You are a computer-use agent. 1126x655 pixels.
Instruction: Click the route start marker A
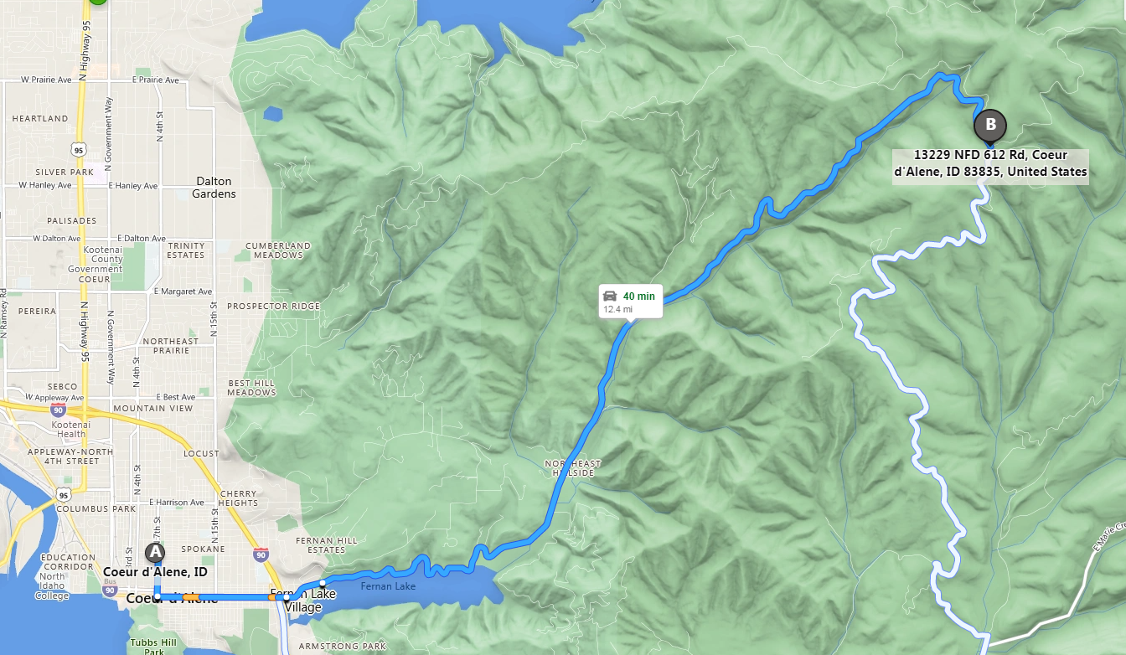pyautogui.click(x=155, y=553)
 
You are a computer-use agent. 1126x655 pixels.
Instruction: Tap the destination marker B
pyautogui.click(x=990, y=126)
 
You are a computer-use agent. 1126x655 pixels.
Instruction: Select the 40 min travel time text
pyautogui.click(x=639, y=296)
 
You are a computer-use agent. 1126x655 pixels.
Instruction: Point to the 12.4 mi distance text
pyautogui.click(x=617, y=310)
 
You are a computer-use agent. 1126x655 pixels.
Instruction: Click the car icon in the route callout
pyautogui.click(x=610, y=296)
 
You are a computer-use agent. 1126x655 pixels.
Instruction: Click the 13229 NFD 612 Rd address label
pyautogui.click(x=989, y=163)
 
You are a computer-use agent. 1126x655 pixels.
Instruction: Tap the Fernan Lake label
pyautogui.click(x=388, y=586)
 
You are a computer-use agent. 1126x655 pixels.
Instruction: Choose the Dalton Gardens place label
pyautogui.click(x=214, y=187)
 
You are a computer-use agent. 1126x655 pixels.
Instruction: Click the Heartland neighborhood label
pyautogui.click(x=40, y=119)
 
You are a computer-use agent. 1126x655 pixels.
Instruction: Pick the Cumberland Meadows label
pyautogui.click(x=278, y=250)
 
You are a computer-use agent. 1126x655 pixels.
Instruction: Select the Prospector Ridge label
pyautogui.click(x=273, y=307)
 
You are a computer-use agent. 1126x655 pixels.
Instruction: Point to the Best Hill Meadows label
pyautogui.click(x=251, y=388)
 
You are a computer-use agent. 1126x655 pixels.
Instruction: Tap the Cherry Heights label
pyautogui.click(x=240, y=498)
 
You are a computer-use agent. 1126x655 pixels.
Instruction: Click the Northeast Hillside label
pyautogui.click(x=573, y=468)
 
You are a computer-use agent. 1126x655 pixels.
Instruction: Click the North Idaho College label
pyautogui.click(x=52, y=586)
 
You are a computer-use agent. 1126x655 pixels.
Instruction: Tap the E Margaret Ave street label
pyautogui.click(x=183, y=291)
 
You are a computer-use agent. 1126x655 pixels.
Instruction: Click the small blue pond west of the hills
pyautogui.click(x=272, y=113)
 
